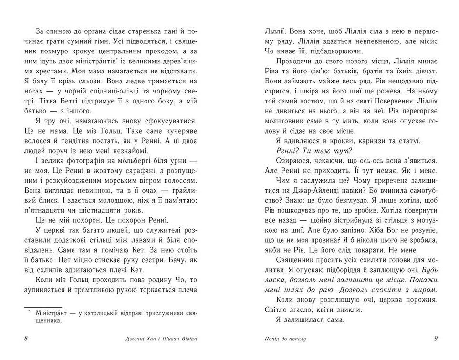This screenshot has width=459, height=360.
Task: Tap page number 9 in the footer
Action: click(436, 339)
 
